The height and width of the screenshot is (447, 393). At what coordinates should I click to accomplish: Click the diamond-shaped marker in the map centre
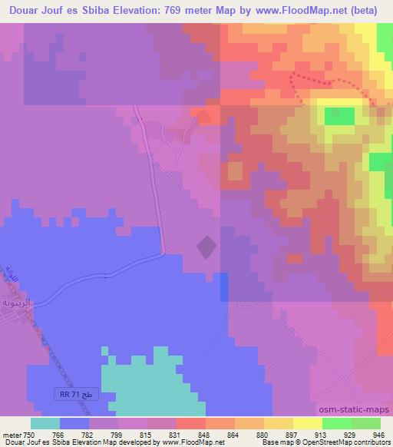[x=206, y=247]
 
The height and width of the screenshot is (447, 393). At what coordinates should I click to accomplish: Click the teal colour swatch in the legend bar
[x=45, y=423]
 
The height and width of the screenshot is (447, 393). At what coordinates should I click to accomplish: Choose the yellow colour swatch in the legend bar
[x=307, y=423]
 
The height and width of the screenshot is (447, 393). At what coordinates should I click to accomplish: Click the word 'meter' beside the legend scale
[x=12, y=434]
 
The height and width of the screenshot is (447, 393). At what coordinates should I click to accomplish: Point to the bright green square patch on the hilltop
[x=339, y=116]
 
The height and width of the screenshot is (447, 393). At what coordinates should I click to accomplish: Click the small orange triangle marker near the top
[x=203, y=116]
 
